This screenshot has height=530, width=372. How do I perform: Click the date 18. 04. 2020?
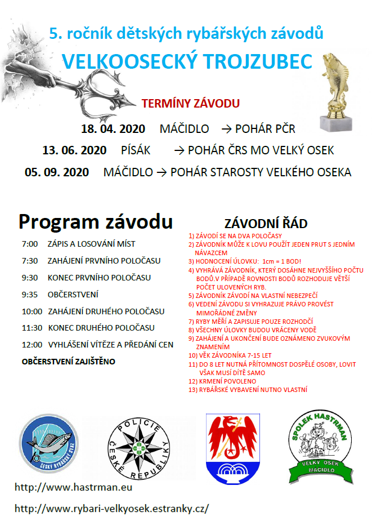[x=113, y=128]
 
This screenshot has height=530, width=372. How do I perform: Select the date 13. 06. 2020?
[x=74, y=150]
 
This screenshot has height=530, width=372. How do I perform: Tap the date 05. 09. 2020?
[x=57, y=172]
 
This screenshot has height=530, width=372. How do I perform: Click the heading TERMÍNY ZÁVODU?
[x=191, y=104]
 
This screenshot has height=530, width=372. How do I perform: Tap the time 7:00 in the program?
[x=30, y=244]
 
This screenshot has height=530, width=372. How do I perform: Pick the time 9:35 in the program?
[x=30, y=294]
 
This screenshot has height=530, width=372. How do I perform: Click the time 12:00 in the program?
[x=32, y=344]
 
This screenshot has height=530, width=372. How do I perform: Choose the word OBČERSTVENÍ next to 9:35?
[x=73, y=294]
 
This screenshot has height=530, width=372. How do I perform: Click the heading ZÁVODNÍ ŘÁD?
[x=266, y=223]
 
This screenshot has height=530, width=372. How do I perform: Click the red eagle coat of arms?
[x=233, y=448]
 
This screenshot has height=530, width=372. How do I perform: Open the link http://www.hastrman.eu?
[x=73, y=486]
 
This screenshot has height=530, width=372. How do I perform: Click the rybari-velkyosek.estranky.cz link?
[x=111, y=508]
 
